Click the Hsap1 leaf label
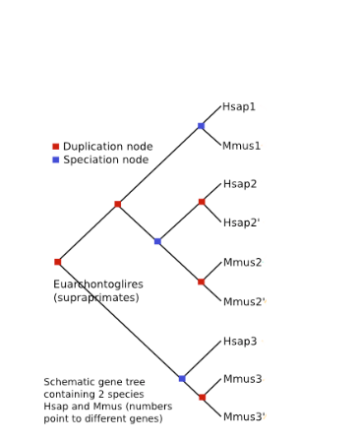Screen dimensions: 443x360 coord(239,107)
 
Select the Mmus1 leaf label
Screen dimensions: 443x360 coord(242,147)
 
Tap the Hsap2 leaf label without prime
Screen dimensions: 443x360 coord(240,184)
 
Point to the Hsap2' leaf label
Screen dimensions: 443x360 coord(241,223)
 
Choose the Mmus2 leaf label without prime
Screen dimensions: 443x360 coord(242,263)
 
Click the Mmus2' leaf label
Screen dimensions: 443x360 coord(244,302)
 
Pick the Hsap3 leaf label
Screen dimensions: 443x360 coord(240,342)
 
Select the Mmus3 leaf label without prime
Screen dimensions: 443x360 coord(242,379)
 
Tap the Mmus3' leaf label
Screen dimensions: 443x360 coord(244,417)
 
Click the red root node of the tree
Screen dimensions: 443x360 coord(57,262)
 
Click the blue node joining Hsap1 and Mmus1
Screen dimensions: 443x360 coord(201,126)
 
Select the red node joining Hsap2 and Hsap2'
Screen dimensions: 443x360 coord(201,202)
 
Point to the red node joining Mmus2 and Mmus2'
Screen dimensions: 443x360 coord(201,282)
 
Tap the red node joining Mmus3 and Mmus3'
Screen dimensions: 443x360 coord(202,398)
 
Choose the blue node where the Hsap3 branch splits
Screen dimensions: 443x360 coord(182,378)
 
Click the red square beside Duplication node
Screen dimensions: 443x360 coord(55,147)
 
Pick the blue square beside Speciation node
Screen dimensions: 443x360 coord(55,159)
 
